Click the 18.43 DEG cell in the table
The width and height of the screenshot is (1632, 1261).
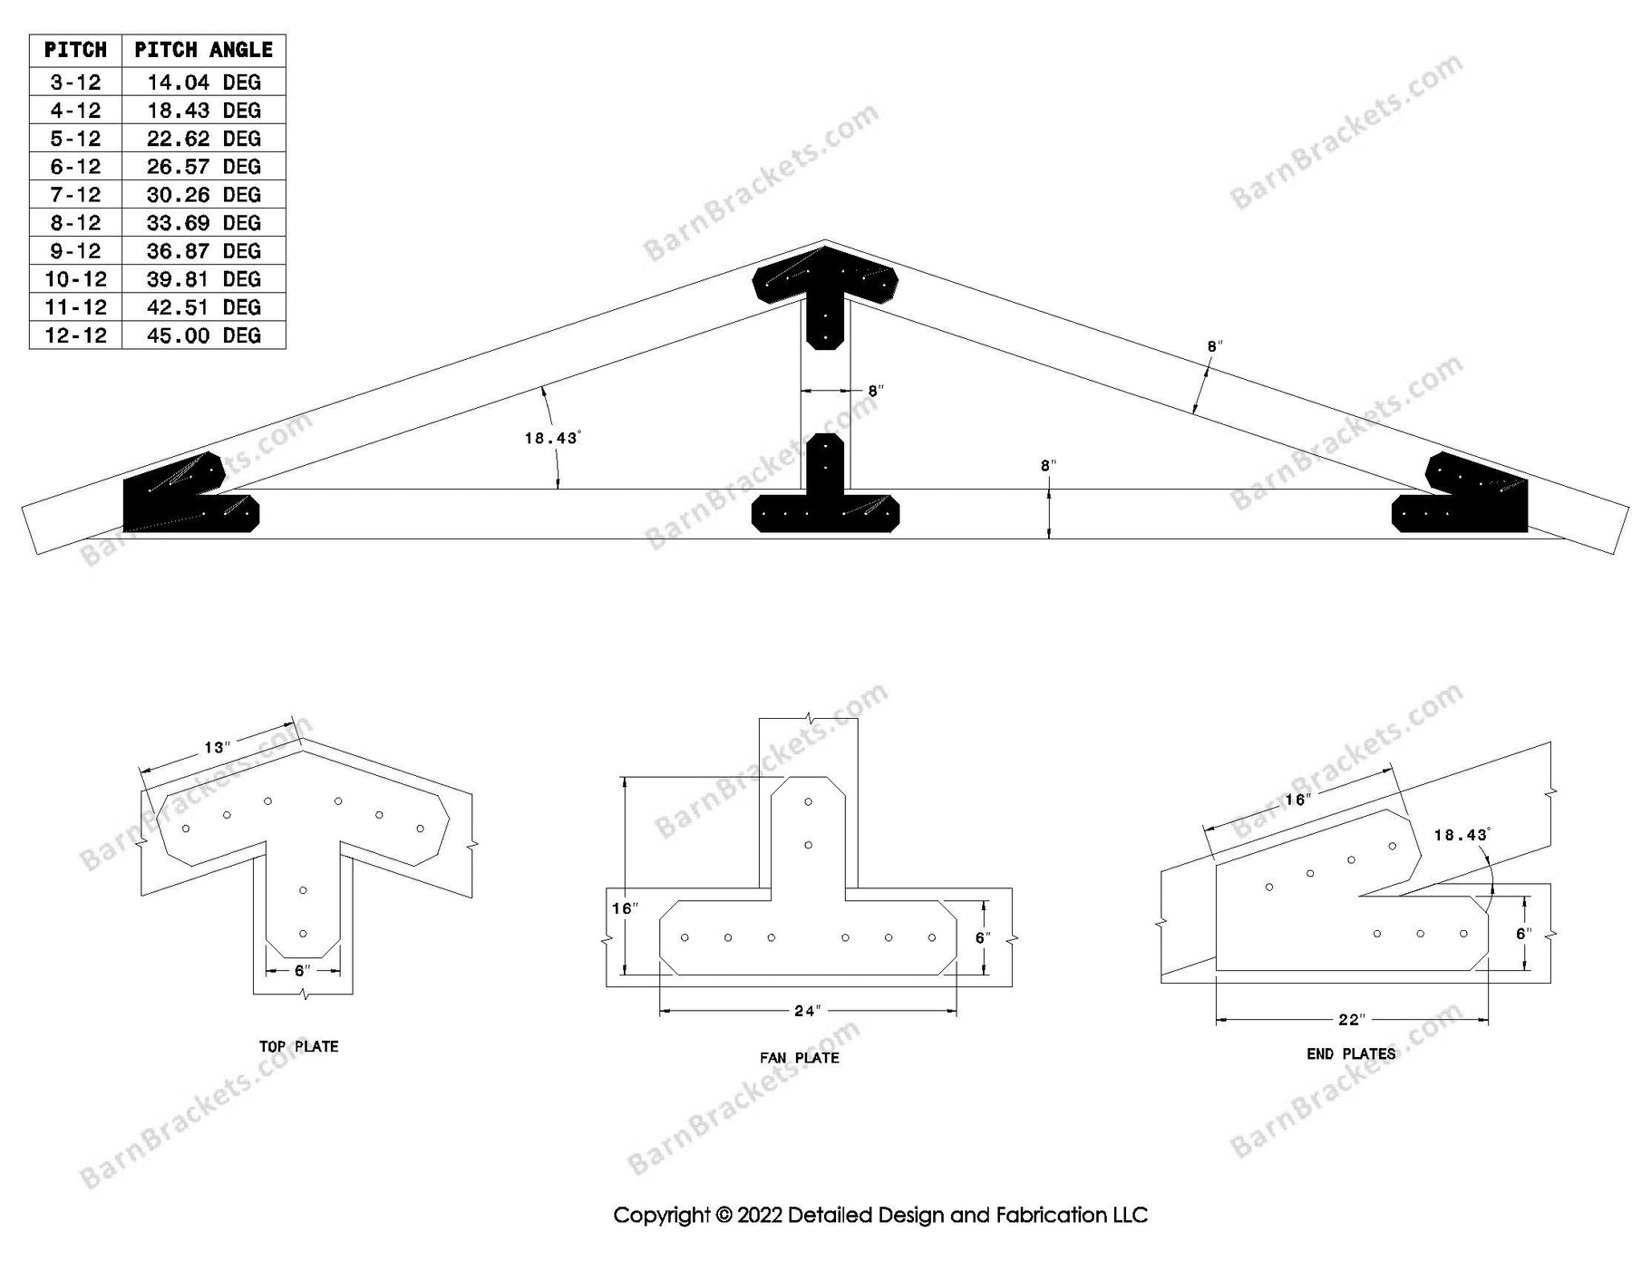203,111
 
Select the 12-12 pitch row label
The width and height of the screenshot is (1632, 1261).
75,335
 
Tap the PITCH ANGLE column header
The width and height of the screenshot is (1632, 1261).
203,50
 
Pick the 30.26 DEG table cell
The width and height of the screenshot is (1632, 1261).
203,195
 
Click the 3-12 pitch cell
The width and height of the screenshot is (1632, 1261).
75,82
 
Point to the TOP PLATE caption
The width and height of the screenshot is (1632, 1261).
298,1046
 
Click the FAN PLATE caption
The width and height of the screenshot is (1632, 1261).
799,1057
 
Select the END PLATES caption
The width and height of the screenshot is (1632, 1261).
1350,1053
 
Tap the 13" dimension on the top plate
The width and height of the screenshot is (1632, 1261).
217,748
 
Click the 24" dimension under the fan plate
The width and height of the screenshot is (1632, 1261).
806,1011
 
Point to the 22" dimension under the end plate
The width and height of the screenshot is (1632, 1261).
1350,1020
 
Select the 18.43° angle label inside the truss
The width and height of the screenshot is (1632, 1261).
551,438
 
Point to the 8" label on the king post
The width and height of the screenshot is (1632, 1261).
875,392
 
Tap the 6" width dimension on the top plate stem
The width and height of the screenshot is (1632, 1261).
302,971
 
